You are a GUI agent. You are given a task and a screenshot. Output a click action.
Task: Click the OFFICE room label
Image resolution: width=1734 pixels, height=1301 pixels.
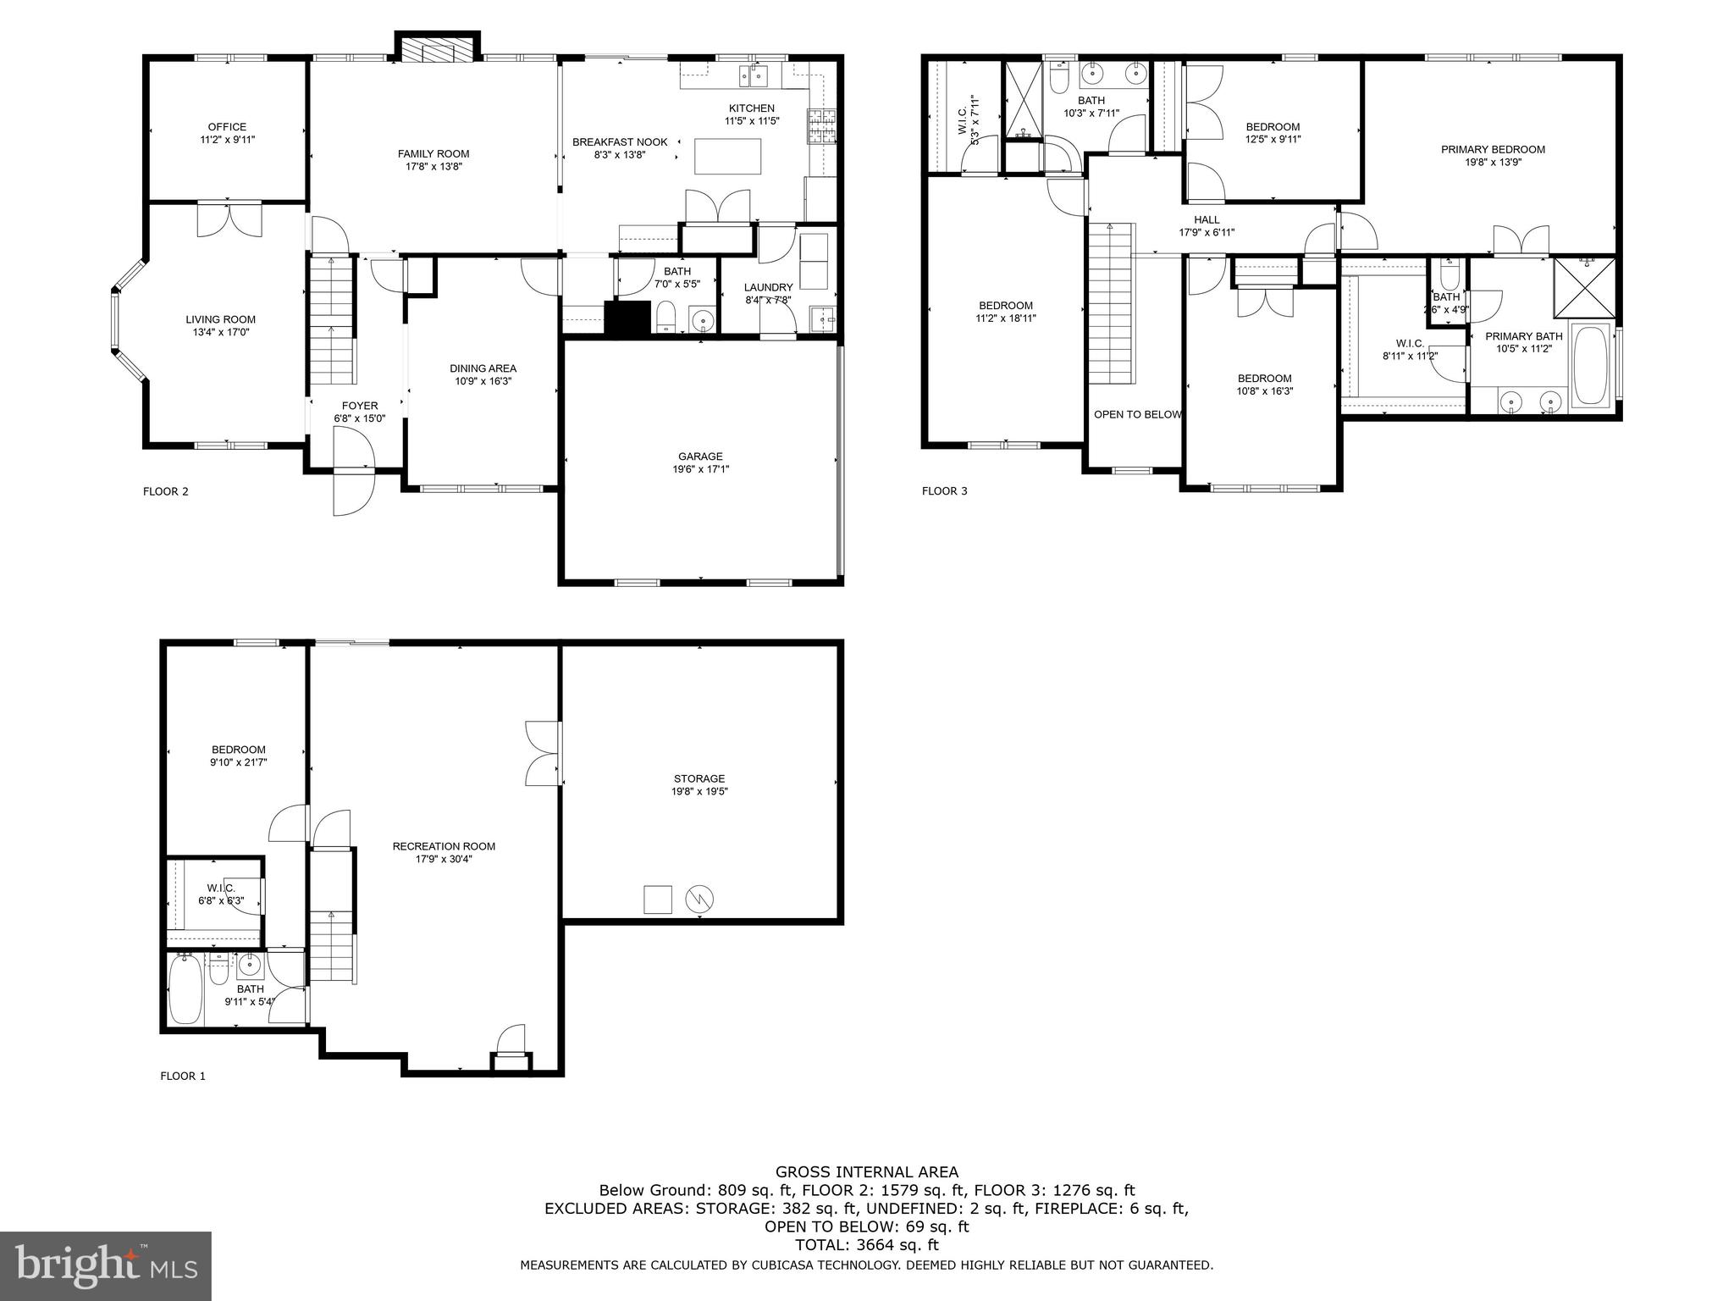[227, 127]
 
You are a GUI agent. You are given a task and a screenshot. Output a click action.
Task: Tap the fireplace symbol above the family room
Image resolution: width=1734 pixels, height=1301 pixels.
[439, 50]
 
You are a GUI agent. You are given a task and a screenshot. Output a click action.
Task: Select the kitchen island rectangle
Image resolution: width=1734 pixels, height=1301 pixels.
[727, 156]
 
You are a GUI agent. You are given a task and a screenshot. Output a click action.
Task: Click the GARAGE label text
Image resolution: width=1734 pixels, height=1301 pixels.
[700, 457]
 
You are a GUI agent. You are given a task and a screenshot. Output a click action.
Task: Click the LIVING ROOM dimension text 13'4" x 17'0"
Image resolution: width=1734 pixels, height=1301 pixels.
[221, 333]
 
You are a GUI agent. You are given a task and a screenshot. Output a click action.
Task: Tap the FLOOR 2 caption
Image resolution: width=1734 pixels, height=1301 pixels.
[166, 491]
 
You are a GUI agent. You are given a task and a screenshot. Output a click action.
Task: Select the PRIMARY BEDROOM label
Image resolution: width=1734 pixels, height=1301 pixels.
[1493, 150]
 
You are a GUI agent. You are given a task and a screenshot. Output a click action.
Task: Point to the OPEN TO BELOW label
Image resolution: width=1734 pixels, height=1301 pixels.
[1137, 414]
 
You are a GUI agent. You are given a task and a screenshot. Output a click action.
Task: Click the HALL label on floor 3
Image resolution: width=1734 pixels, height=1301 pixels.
[1207, 220]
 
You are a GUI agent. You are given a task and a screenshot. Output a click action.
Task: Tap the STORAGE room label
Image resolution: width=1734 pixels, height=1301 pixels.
[699, 778]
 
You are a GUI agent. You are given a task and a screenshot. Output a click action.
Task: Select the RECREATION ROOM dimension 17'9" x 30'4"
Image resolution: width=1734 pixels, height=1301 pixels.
[444, 859]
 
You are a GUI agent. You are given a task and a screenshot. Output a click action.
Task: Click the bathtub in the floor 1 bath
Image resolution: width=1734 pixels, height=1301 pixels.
[185, 988]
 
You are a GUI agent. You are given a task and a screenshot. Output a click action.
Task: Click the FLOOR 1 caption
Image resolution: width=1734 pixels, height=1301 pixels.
[183, 1077]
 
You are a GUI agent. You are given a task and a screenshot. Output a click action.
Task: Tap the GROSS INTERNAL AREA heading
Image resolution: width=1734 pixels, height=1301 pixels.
[867, 1172]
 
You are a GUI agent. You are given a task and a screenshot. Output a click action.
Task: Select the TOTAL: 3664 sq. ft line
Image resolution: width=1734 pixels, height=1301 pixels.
[867, 1245]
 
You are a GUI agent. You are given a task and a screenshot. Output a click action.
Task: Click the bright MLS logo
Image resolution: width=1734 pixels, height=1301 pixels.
[106, 1267]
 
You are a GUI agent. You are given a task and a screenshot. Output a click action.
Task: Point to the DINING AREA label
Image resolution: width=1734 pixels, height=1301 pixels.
[483, 368]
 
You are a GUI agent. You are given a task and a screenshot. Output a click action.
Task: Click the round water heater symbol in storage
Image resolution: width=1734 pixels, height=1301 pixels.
[699, 899]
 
